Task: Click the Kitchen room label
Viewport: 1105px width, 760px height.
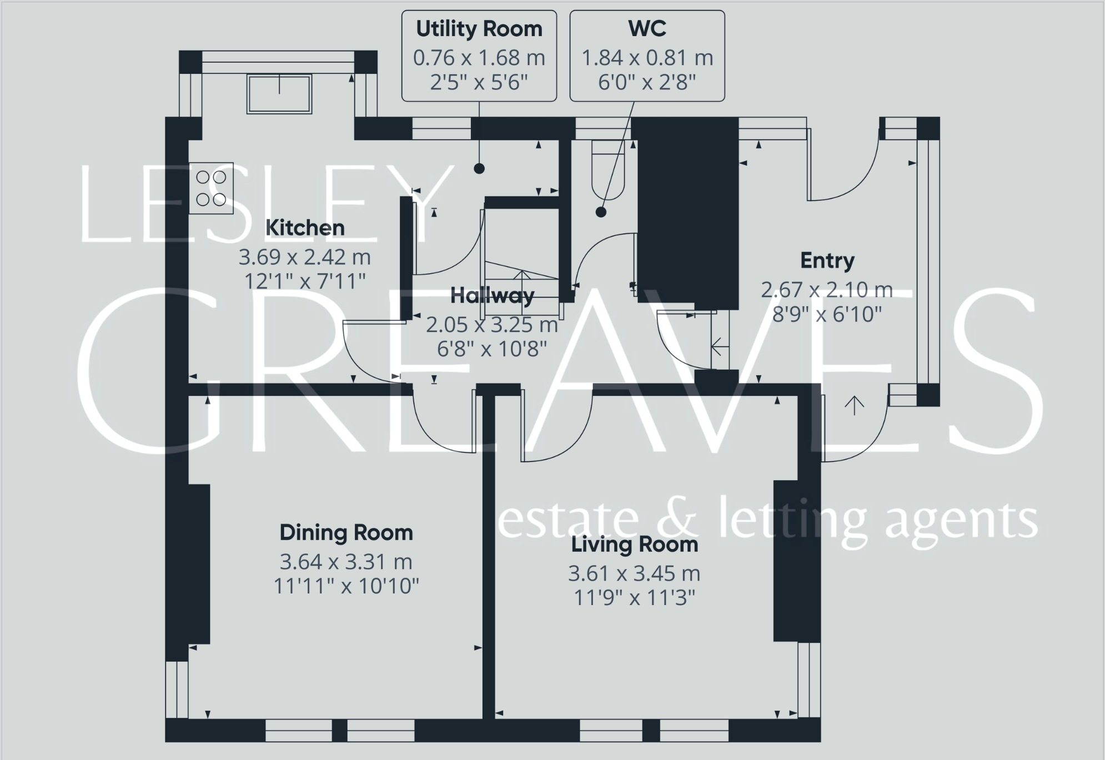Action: coord(305,228)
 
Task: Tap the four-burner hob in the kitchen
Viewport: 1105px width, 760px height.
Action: coord(211,188)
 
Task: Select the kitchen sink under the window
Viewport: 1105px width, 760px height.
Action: coord(279,94)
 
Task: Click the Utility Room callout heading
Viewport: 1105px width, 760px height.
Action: coord(479,29)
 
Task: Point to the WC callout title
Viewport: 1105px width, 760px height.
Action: coord(647,29)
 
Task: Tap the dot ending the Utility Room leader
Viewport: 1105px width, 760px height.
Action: coord(479,169)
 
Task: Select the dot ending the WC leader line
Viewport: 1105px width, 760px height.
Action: coord(601,212)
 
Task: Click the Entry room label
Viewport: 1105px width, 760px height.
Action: coord(827,260)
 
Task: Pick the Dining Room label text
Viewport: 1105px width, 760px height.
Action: coord(346,533)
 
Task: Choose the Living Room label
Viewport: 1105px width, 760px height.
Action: coord(634,545)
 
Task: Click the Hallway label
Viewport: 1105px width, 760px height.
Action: coord(492,296)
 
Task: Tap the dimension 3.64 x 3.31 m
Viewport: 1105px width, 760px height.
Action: coord(346,562)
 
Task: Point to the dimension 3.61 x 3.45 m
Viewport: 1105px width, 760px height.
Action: coord(634,573)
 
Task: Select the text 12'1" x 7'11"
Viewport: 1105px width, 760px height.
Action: coord(305,281)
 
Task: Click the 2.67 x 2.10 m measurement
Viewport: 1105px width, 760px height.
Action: coord(827,290)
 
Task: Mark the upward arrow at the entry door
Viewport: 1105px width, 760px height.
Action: coord(854,406)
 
